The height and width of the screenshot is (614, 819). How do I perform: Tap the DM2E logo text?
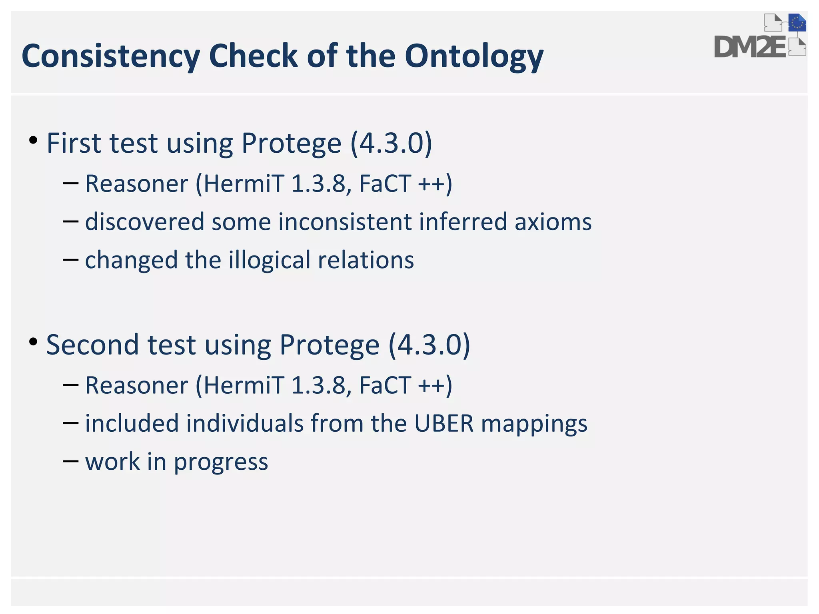(x=750, y=47)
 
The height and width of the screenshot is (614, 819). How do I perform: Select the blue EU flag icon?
(x=797, y=23)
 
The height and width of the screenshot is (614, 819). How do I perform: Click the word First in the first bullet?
(x=74, y=143)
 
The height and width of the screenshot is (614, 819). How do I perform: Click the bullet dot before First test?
(x=34, y=140)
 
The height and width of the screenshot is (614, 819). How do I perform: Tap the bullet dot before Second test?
(x=34, y=342)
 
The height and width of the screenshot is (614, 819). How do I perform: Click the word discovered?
(x=144, y=222)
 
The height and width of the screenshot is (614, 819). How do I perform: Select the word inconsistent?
(x=345, y=222)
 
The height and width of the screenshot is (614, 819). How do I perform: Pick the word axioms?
(x=553, y=222)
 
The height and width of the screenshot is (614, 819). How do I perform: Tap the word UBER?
(x=444, y=424)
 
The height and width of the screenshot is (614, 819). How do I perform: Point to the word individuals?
(x=245, y=424)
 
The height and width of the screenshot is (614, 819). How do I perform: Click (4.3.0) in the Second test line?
(x=429, y=345)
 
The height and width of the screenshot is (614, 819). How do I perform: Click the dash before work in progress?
(x=70, y=461)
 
